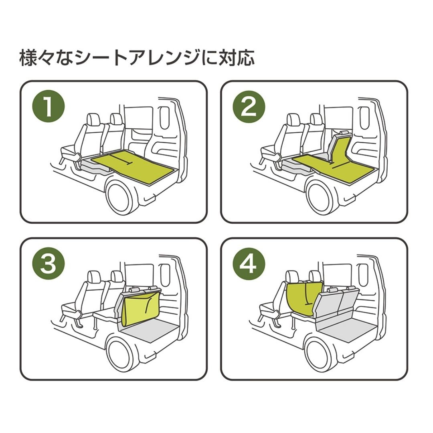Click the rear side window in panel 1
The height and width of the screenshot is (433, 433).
point(165,117)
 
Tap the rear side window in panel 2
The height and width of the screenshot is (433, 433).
point(366,117)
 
